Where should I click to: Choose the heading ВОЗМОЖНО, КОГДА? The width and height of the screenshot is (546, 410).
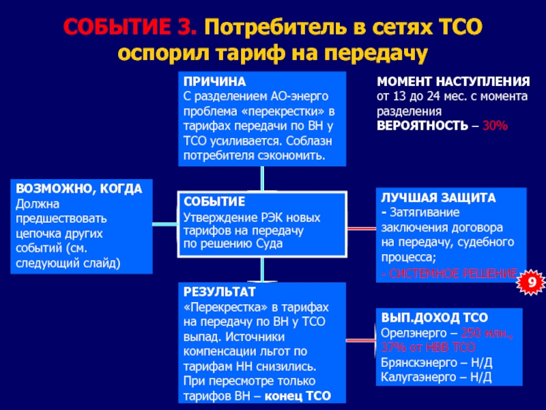(x=79, y=189)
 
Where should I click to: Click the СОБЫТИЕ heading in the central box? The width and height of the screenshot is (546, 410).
(x=214, y=202)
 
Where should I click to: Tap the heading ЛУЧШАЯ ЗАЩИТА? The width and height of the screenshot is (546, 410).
(x=436, y=197)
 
